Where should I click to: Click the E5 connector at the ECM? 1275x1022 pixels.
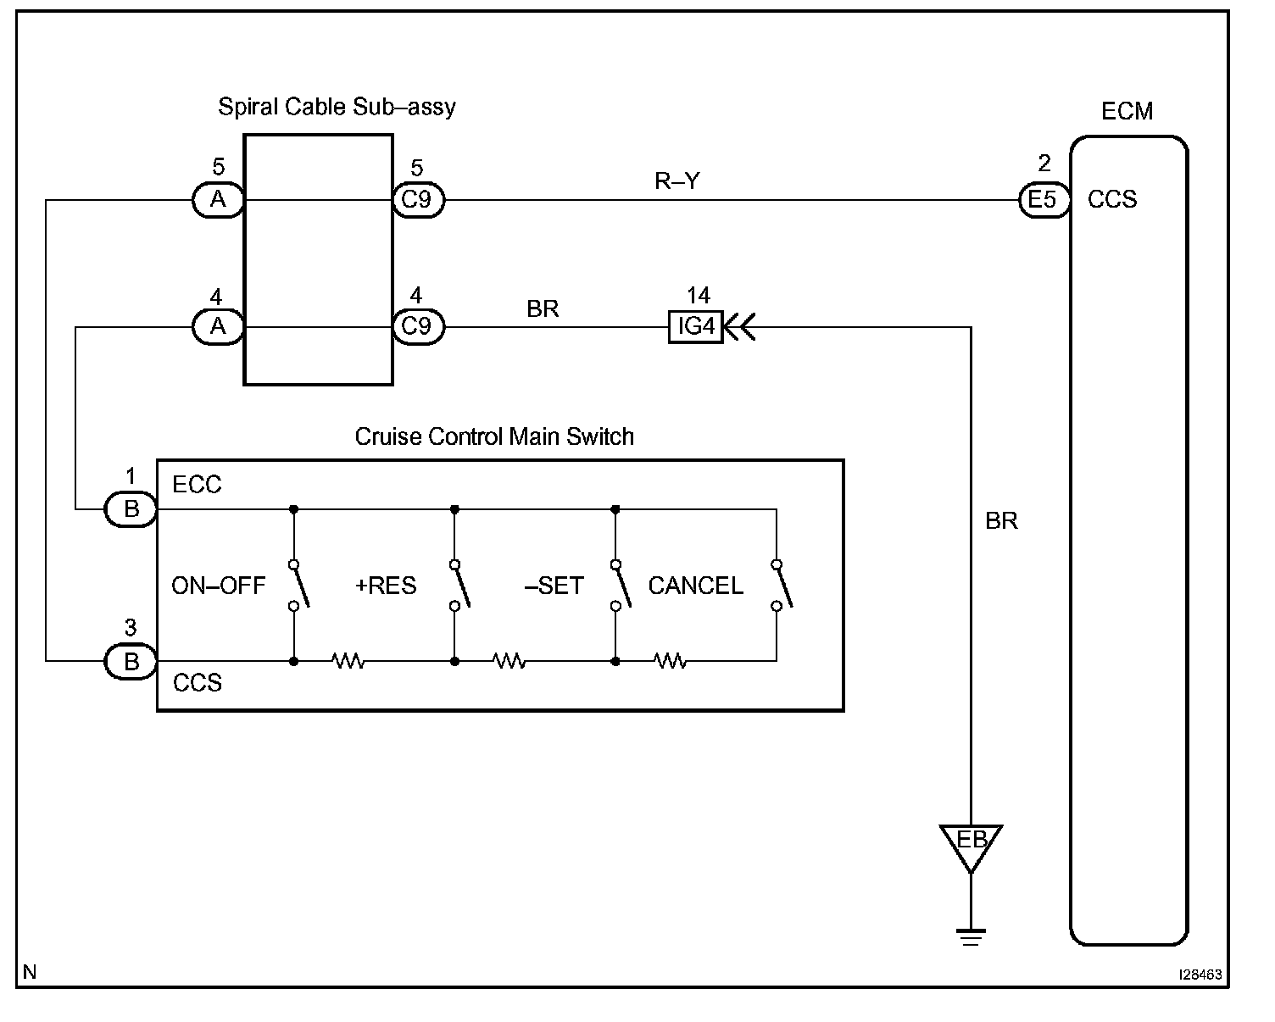coord(1044,200)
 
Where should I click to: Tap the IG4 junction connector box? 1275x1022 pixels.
coord(695,326)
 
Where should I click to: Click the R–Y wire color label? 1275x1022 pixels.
coord(677,181)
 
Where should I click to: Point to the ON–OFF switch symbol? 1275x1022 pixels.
coord(299,585)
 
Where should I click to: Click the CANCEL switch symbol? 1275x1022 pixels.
coord(782,585)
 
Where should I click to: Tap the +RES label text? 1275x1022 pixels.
coord(386,586)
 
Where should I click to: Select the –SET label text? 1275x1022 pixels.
coord(554,586)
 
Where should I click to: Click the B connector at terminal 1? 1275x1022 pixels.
coord(131,509)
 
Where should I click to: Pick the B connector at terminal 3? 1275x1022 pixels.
coord(131,661)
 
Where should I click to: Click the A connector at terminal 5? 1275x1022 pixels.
coord(218,200)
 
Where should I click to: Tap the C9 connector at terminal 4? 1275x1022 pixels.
coord(418,326)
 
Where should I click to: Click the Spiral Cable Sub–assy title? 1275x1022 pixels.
coord(337,108)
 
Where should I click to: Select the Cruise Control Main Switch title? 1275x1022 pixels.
coord(494,436)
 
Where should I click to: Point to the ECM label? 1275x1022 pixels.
coord(1127,111)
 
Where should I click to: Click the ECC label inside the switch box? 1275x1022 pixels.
coord(197,485)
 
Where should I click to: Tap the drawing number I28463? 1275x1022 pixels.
coord(1200,975)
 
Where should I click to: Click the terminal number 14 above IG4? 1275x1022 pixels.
coord(699,295)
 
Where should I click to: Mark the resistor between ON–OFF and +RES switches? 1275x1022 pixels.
coord(348,661)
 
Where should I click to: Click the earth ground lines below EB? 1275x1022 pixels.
coord(971,937)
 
